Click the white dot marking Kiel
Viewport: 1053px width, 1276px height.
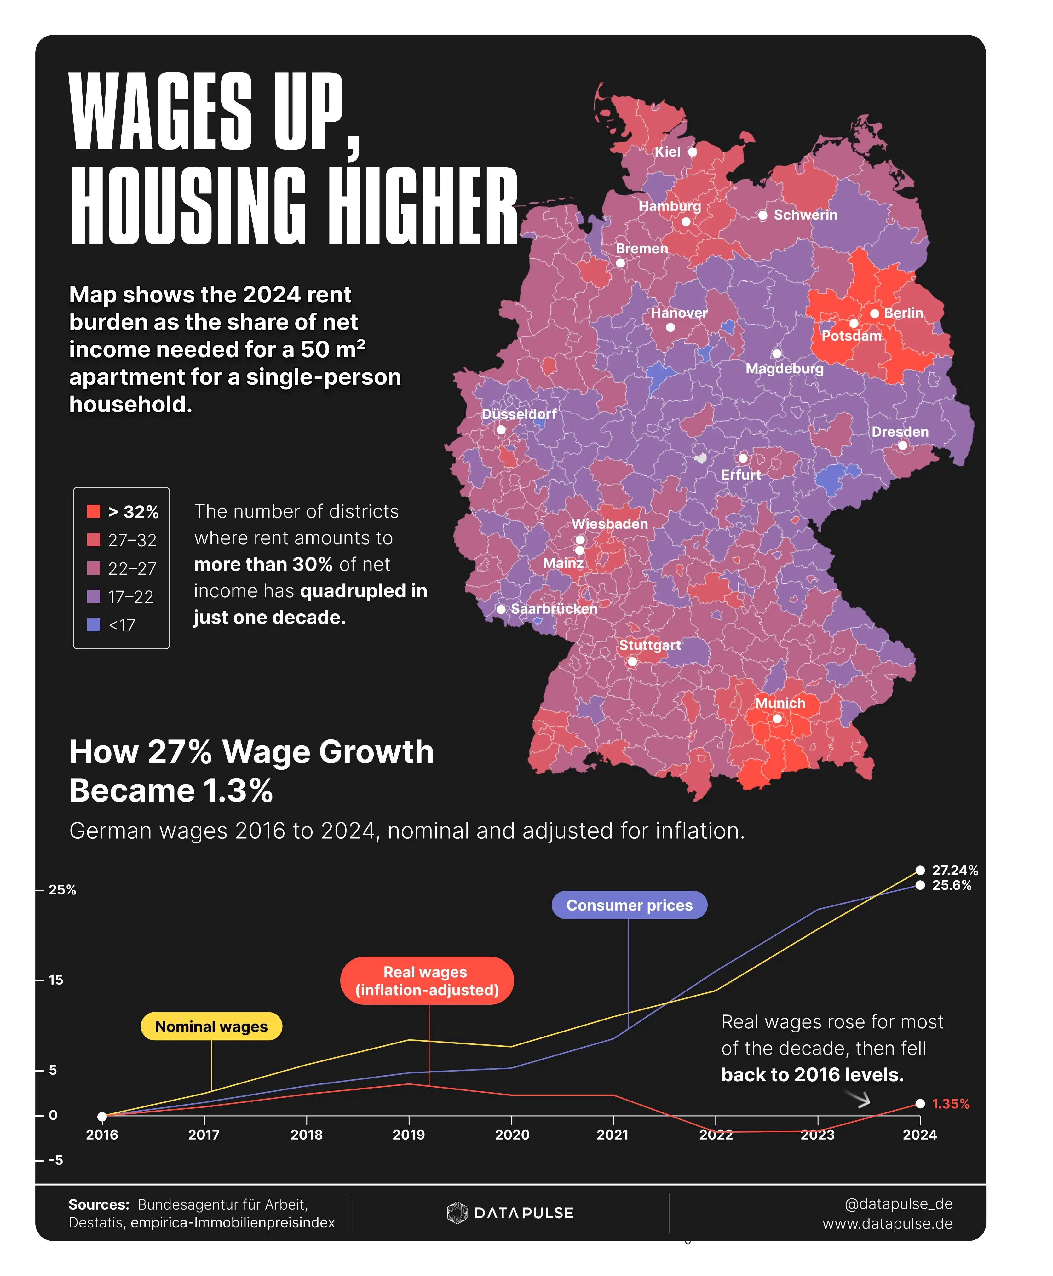[x=692, y=152]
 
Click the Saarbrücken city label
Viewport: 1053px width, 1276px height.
[x=554, y=609]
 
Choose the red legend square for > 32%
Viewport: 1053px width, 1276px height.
[x=93, y=511]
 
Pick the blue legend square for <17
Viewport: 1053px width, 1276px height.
[x=93, y=625]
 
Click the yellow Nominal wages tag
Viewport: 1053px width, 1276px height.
[x=211, y=1027]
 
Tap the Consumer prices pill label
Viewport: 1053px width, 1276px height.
[x=629, y=905]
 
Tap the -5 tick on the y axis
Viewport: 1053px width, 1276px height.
[x=56, y=1160]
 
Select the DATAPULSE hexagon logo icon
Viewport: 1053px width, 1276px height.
[x=457, y=1213]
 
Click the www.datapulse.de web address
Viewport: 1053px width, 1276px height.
[x=887, y=1224]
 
